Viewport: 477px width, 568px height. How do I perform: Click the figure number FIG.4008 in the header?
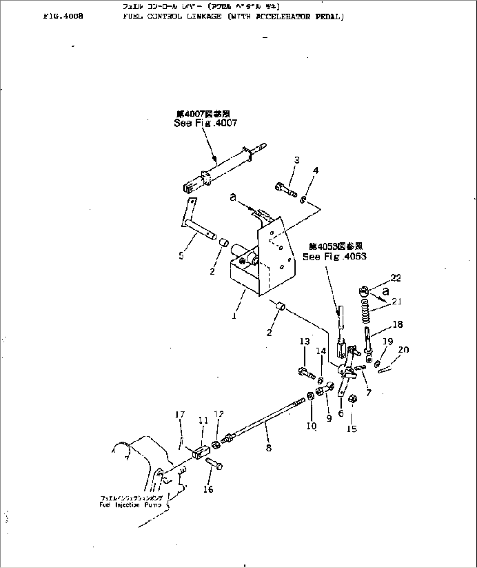[63, 17]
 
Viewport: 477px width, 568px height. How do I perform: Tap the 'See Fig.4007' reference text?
[205, 123]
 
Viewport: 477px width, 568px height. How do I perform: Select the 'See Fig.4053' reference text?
[334, 256]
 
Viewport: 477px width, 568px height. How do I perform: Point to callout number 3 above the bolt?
[297, 160]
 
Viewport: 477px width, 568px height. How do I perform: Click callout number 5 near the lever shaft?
[181, 256]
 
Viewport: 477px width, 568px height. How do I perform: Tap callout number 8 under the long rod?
[269, 448]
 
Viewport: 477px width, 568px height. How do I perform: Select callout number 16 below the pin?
[208, 489]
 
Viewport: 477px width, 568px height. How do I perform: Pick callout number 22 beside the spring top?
[396, 278]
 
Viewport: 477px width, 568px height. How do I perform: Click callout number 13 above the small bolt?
[305, 341]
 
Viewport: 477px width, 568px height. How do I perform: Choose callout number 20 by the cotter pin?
[403, 349]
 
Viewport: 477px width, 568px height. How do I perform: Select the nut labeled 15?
[352, 399]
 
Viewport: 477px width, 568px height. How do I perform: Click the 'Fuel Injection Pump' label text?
[131, 505]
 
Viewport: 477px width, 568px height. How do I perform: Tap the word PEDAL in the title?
[330, 17]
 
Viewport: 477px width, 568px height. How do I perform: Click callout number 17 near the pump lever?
[179, 414]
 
